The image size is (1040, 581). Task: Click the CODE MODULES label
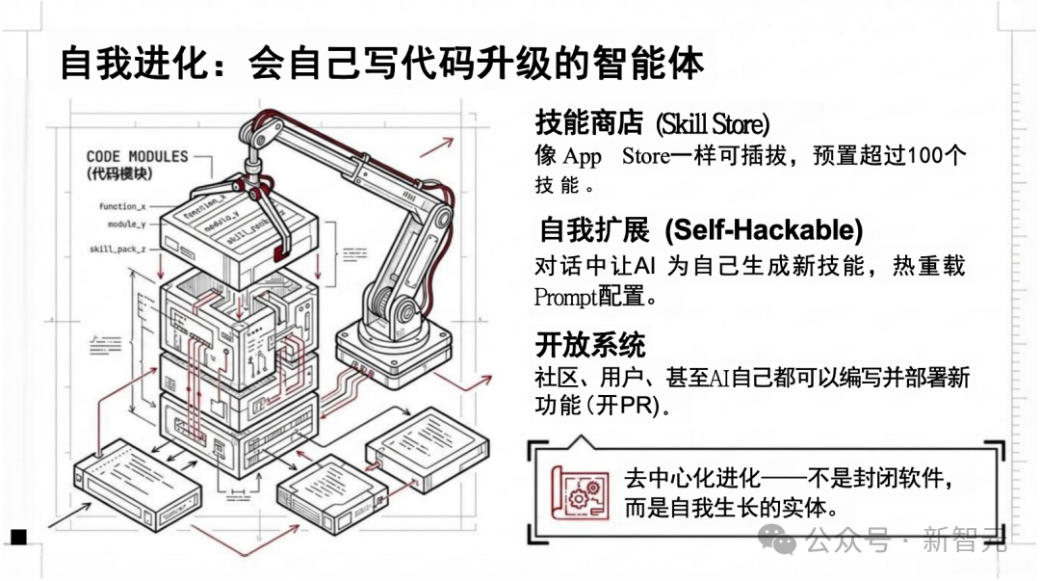[x=137, y=156]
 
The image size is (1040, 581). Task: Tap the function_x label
[x=121, y=206]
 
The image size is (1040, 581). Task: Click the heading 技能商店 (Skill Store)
[x=652, y=123]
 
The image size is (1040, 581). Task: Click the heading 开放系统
[x=590, y=343]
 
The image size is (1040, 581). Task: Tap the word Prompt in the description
[x=565, y=297]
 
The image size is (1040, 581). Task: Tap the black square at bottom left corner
[x=18, y=537]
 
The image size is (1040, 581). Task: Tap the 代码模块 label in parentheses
[x=119, y=174]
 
